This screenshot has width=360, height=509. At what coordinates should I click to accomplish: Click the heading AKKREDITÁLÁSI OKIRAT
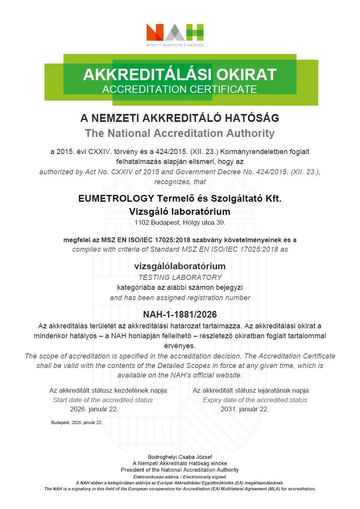(x=180, y=75)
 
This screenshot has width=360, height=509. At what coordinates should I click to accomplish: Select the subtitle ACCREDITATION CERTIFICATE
(x=180, y=89)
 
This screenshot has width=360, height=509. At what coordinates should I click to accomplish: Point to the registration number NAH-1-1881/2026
(x=180, y=314)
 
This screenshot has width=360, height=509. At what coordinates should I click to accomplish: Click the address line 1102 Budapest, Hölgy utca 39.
(x=180, y=222)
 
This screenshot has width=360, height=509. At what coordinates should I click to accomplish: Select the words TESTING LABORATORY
(x=180, y=277)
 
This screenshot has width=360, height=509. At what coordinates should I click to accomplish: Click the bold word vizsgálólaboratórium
(x=180, y=266)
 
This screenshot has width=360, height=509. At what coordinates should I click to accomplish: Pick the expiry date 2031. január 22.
(x=244, y=409)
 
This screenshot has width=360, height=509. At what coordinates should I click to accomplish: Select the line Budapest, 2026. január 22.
(x=77, y=422)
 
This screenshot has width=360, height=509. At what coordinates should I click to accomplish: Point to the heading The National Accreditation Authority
(x=180, y=133)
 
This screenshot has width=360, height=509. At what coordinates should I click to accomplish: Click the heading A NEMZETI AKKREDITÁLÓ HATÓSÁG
(x=180, y=118)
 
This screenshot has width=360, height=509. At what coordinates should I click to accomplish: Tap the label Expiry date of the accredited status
(x=255, y=400)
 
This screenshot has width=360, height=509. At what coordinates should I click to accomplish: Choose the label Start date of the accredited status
(x=103, y=400)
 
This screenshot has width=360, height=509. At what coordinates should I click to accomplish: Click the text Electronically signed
(x=203, y=477)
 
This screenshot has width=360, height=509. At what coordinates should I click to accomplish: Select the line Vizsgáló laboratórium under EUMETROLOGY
(x=180, y=212)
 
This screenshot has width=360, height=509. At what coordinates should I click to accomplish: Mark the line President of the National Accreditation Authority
(x=180, y=470)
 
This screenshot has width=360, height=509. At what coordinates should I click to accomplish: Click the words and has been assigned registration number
(x=180, y=298)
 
